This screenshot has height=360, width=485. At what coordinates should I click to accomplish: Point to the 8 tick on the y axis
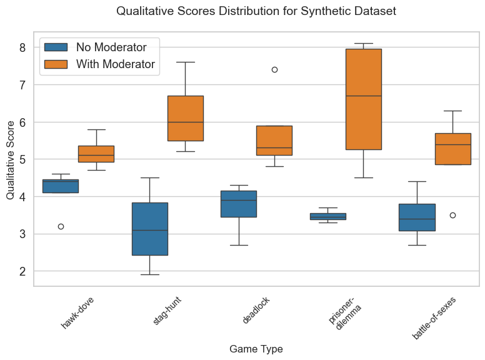click(x=22, y=47)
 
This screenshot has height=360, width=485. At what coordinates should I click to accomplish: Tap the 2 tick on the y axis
click(x=22, y=271)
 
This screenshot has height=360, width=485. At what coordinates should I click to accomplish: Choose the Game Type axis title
click(x=256, y=348)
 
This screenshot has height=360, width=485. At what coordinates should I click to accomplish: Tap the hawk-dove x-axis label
click(x=79, y=312)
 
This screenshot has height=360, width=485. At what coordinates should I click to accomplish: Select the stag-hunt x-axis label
click(x=167, y=311)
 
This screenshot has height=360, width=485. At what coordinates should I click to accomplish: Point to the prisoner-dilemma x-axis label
click(x=342, y=316)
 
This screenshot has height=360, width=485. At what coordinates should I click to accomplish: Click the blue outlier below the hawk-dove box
click(x=61, y=226)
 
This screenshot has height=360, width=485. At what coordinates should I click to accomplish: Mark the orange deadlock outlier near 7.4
click(x=274, y=69)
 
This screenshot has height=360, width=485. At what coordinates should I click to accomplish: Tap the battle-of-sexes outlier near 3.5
click(x=452, y=215)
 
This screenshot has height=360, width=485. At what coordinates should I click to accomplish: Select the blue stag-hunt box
click(x=149, y=229)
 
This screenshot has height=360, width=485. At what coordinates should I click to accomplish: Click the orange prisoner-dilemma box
click(x=364, y=99)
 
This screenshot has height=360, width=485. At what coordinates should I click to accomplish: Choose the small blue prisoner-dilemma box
click(x=327, y=216)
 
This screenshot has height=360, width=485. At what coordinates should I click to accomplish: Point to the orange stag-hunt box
click(x=185, y=118)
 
